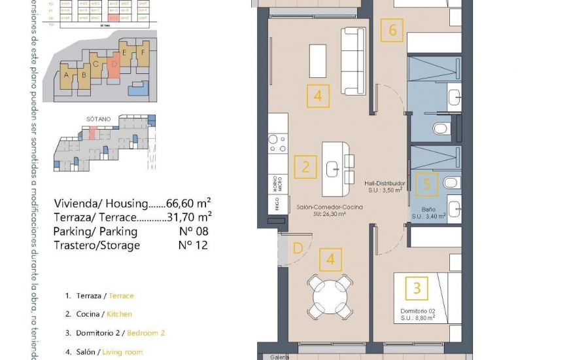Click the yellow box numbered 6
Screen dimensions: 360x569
point(392,30)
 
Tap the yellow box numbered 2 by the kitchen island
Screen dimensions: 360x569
point(305,167)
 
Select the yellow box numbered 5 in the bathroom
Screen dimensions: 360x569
point(426,185)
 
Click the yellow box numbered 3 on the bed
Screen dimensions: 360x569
point(417,287)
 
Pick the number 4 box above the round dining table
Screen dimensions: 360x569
point(330,260)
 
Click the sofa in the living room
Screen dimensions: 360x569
point(351,62)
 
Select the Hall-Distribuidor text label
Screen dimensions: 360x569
point(385,184)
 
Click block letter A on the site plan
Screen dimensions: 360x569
point(66,75)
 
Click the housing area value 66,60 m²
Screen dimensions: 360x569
point(187,203)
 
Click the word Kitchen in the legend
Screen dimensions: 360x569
point(120,314)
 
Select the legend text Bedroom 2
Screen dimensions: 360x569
point(146,333)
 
